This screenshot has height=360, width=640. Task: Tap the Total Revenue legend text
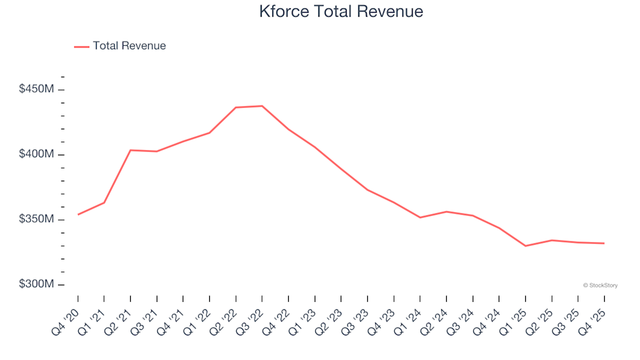[x=129, y=46]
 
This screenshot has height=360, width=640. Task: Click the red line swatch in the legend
[x=81, y=47]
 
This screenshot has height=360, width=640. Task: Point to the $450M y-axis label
[x=37, y=89]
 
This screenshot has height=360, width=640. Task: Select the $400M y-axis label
[x=37, y=154]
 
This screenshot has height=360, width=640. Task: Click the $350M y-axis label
[x=37, y=219]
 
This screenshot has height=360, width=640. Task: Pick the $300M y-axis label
[x=37, y=285]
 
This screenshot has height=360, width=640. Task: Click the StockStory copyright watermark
[x=600, y=285]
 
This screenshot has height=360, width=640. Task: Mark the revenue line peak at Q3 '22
[x=262, y=106]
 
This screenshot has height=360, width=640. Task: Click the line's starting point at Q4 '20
[x=78, y=215]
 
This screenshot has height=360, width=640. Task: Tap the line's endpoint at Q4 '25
[x=604, y=243]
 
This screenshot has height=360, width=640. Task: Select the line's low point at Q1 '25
[x=525, y=246]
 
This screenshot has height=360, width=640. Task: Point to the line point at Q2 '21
[x=131, y=150]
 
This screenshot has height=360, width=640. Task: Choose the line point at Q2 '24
[x=447, y=211]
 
